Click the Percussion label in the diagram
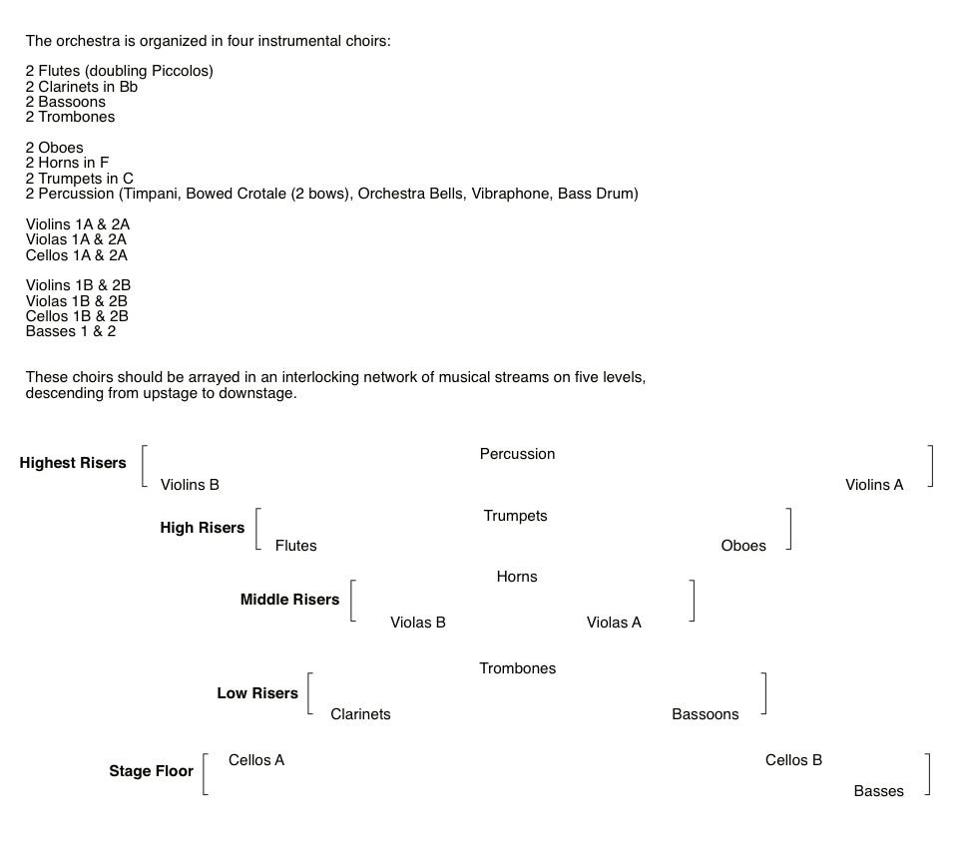[517, 454]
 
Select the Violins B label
[190, 485]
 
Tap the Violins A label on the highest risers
[874, 485]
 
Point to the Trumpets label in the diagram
[515, 516]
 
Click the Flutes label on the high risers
[295, 546]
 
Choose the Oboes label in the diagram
[743, 546]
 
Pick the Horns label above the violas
[517, 577]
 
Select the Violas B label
[418, 623]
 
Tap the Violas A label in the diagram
[614, 623]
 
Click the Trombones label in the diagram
[517, 668]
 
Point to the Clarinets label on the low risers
[360, 714]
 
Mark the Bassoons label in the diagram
[706, 714]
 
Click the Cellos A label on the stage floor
[256, 760]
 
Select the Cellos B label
[793, 760]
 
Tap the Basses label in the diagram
[878, 791]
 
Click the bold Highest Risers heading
[73, 463]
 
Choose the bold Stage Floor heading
[151, 771]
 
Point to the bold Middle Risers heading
[289, 600]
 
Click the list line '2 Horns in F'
[68, 163]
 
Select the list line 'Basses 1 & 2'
[71, 331]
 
